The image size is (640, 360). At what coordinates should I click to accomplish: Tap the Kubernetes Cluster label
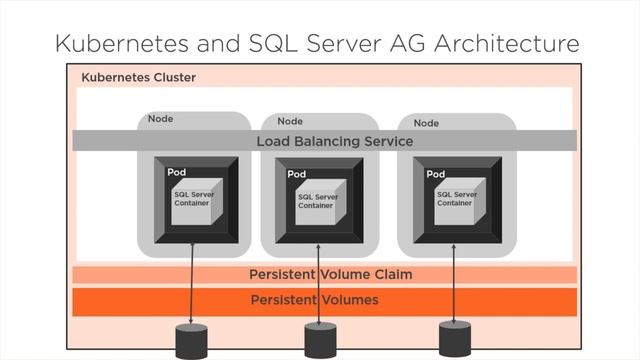click(x=138, y=77)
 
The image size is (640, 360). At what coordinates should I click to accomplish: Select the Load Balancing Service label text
click(x=334, y=141)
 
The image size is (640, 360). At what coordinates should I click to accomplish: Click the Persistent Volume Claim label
click(x=330, y=274)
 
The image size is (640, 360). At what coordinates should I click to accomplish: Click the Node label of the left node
click(x=160, y=119)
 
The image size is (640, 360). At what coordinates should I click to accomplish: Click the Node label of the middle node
click(x=290, y=121)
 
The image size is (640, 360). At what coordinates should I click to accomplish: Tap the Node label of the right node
click(x=426, y=122)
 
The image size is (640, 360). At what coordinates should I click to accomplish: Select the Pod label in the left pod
click(x=176, y=173)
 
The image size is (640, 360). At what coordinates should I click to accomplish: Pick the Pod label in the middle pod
click(x=297, y=174)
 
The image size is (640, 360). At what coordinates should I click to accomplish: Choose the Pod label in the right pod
click(x=435, y=174)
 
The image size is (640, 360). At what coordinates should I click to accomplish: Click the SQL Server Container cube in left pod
click(x=193, y=201)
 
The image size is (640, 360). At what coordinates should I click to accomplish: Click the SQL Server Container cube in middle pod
click(x=319, y=202)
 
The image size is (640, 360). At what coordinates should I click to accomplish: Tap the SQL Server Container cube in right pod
click(x=456, y=201)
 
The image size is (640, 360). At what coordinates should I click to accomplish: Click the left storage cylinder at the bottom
click(x=191, y=341)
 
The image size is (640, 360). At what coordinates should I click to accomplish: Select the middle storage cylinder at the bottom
click(x=320, y=341)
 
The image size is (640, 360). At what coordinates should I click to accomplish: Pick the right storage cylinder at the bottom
click(x=454, y=340)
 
